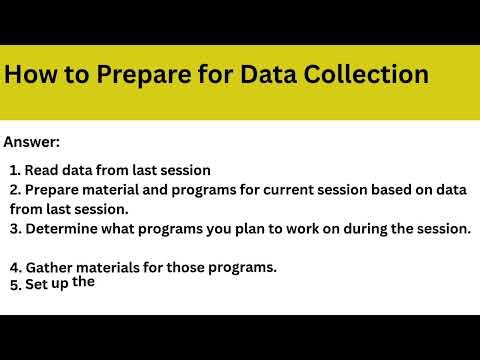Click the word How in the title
coord(30,74)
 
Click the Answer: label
coord(32,142)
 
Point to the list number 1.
coord(14,170)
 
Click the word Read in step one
coord(41,170)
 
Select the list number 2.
coord(14,189)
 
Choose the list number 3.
coord(14,228)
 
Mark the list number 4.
coord(14,267)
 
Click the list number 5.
coord(14,285)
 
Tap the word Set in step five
coord(36,285)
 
